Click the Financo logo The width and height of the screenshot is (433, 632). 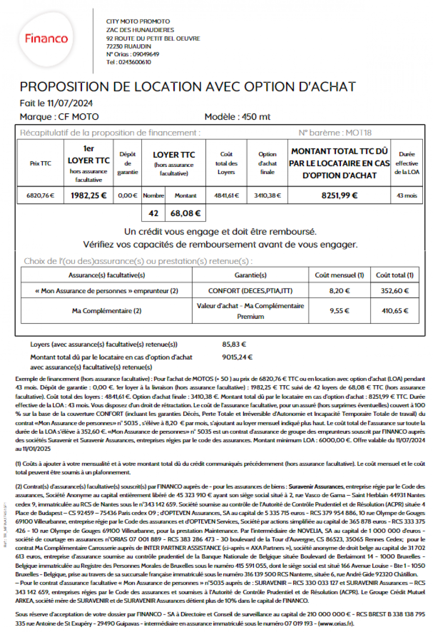coord(46,38)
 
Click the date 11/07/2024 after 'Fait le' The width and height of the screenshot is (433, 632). coord(70,103)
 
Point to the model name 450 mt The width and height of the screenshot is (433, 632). coord(256,117)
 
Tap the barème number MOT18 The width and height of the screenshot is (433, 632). coord(359,133)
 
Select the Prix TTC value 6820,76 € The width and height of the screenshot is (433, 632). coord(40,195)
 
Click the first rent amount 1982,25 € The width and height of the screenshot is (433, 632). coord(88,195)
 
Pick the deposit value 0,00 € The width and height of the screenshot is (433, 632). coord(127,195)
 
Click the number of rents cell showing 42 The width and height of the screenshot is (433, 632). coord(153,213)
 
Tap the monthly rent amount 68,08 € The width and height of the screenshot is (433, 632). coord(185,213)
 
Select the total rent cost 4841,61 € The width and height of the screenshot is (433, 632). coord(226,195)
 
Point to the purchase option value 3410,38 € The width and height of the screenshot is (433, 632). coord(267,195)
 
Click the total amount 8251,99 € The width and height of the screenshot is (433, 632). coord(339,195)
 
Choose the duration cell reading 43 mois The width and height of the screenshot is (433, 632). coord(406,195)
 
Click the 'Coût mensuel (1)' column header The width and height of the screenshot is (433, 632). coord(339,275)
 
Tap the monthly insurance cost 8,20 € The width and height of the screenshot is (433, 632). coord(339,291)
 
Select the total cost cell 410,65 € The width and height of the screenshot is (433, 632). coord(395,311)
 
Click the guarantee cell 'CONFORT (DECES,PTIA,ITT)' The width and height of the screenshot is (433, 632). coord(250,291)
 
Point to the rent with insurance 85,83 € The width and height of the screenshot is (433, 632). coord(234,345)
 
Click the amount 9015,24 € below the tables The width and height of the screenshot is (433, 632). coord(237,357)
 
